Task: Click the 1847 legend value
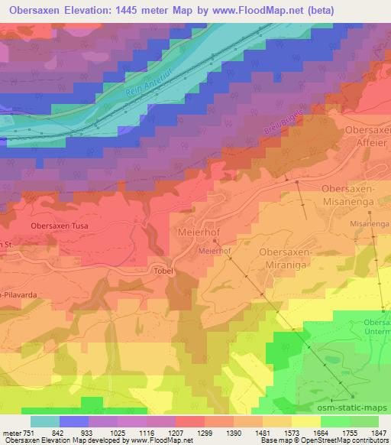(x=379, y=433)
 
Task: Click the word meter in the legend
(x=10, y=433)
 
